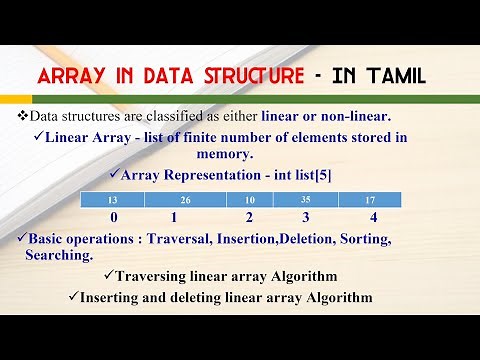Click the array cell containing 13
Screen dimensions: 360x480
click(113, 201)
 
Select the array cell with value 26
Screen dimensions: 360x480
click(186, 201)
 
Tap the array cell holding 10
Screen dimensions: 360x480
click(248, 201)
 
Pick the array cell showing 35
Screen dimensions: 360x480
click(304, 201)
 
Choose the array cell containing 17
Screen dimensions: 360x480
click(369, 201)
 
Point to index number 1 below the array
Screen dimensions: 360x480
click(174, 217)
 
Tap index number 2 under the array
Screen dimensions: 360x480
click(250, 217)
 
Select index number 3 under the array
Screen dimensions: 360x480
click(306, 217)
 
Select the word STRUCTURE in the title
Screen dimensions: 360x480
click(255, 75)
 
